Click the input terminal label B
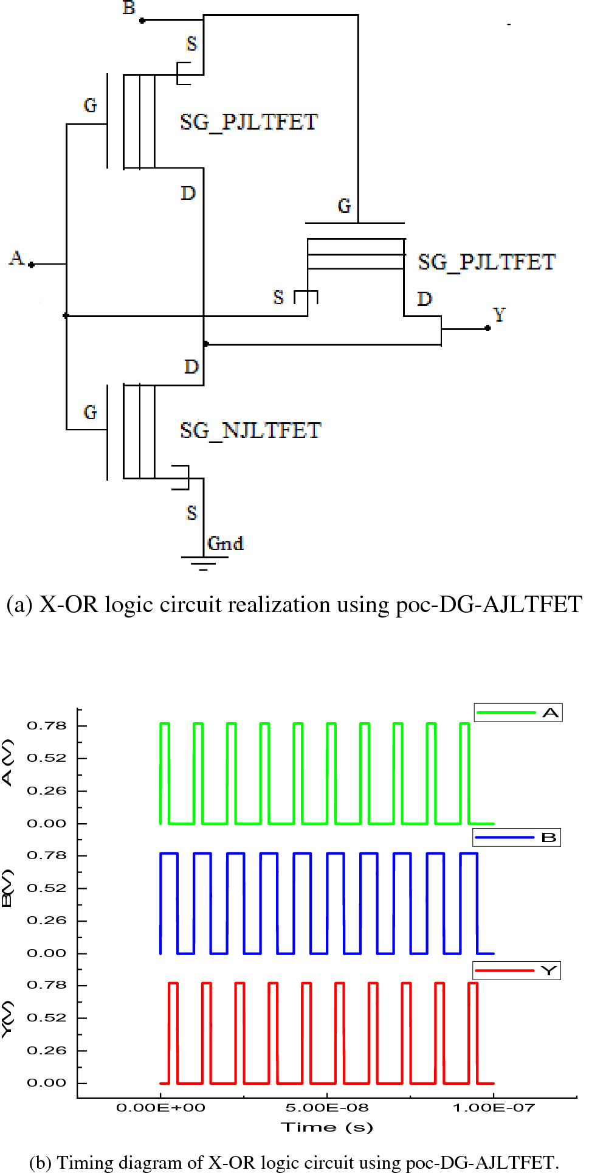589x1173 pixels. click(x=129, y=8)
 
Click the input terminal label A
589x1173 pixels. click(x=16, y=258)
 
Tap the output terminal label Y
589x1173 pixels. click(x=498, y=315)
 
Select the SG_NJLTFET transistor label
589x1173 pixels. click(x=250, y=430)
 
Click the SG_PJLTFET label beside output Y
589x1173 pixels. click(x=486, y=262)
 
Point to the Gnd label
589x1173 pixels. click(x=226, y=543)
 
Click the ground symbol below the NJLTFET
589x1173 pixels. click(x=204, y=563)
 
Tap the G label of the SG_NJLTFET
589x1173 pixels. click(x=90, y=412)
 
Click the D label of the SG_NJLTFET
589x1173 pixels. click(x=191, y=367)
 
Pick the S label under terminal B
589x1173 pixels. click(x=191, y=44)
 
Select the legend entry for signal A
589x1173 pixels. click(x=518, y=712)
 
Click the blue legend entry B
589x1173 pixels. click(x=517, y=838)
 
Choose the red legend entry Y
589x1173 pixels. click(x=517, y=970)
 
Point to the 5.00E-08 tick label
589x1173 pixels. click(x=327, y=1107)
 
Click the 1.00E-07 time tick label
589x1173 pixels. click(x=494, y=1107)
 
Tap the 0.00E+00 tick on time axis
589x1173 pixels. click(x=160, y=1107)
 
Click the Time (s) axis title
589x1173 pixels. click(x=327, y=1127)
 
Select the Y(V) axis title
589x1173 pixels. click(x=7, y=1020)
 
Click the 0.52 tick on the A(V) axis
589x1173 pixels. click(x=47, y=758)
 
